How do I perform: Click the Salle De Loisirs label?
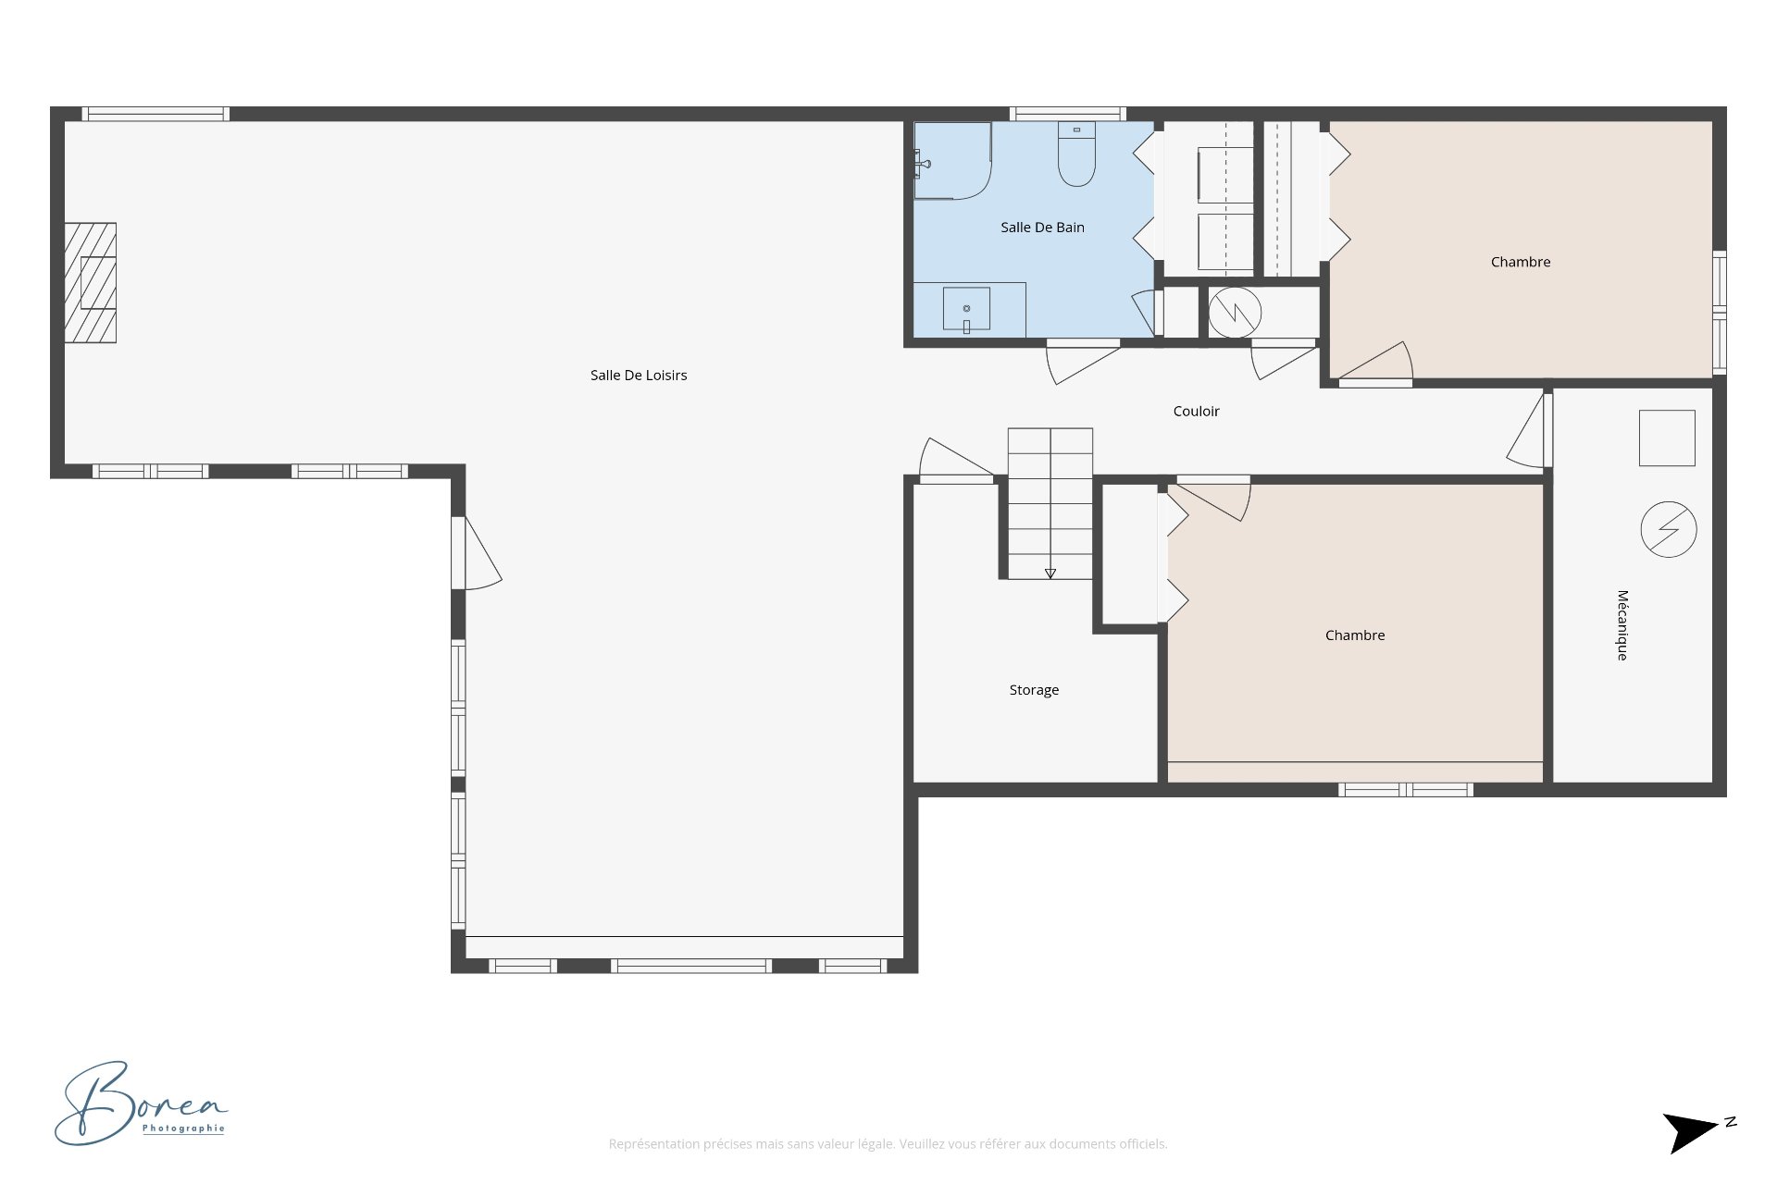coord(639,375)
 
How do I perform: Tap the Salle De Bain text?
coord(1042,228)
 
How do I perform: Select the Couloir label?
coord(1196,412)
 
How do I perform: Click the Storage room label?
coord(1034,690)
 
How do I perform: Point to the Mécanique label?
coord(1622,625)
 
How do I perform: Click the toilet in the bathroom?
coord(1076,157)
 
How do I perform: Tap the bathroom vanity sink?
coord(966,309)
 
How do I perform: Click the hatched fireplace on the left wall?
coord(91,282)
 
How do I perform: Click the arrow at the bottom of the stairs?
coord(1050,573)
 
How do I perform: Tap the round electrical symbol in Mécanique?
coord(1668,529)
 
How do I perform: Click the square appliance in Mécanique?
coord(1667,438)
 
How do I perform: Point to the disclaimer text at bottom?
coord(888,1144)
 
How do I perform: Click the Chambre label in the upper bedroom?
coord(1520,263)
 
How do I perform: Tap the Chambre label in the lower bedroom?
coord(1354,635)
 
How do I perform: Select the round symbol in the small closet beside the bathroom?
coord(1235,313)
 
